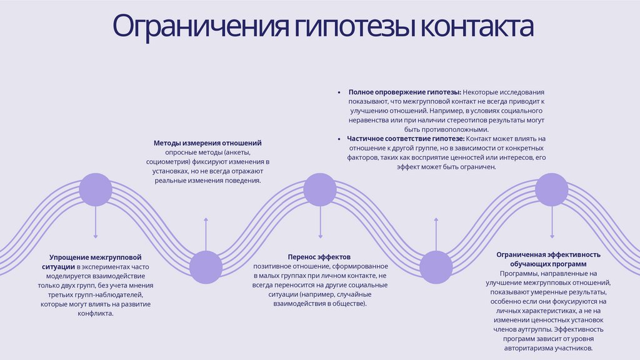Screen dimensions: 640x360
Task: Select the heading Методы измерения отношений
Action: pyautogui.click(x=207, y=143)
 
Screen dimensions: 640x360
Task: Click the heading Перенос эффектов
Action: pyautogui.click(x=319, y=257)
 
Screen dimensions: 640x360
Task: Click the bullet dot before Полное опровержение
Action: pyautogui.click(x=339, y=91)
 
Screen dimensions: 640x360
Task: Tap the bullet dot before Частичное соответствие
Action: pyautogui.click(x=339, y=138)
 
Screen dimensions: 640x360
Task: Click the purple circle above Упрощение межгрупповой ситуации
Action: pyautogui.click(x=96, y=189)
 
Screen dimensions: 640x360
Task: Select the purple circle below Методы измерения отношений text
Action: pyautogui.click(x=206, y=267)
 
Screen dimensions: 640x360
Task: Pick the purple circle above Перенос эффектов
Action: pyautogui.click(x=320, y=189)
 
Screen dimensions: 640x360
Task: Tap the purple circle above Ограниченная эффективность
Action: pyautogui.click(x=551, y=189)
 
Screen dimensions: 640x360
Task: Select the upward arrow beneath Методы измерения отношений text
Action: pyautogui.click(x=206, y=234)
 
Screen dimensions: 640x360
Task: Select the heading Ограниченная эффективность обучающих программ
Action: pyautogui.click(x=548, y=259)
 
